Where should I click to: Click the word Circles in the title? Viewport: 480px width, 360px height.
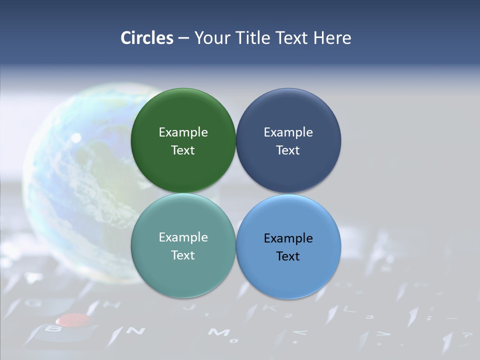click(x=146, y=38)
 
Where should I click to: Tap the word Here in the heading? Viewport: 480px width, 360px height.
click(x=332, y=38)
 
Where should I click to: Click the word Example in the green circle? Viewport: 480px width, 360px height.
click(x=183, y=132)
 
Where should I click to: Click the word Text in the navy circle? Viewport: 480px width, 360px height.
click(x=288, y=150)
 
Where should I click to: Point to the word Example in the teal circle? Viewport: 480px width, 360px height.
click(x=183, y=237)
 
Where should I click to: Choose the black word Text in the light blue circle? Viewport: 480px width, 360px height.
click(x=288, y=256)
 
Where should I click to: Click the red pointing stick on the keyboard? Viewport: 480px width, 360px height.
click(x=73, y=319)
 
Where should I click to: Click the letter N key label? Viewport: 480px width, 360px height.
click(x=135, y=331)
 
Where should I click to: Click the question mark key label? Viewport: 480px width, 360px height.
click(x=466, y=335)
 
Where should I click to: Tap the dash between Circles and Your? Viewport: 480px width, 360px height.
click(x=183, y=38)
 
